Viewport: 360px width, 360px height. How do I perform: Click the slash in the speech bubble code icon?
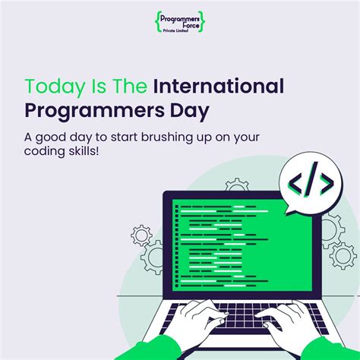point(310,183)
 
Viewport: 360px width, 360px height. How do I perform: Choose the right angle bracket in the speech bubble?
point(324,183)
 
